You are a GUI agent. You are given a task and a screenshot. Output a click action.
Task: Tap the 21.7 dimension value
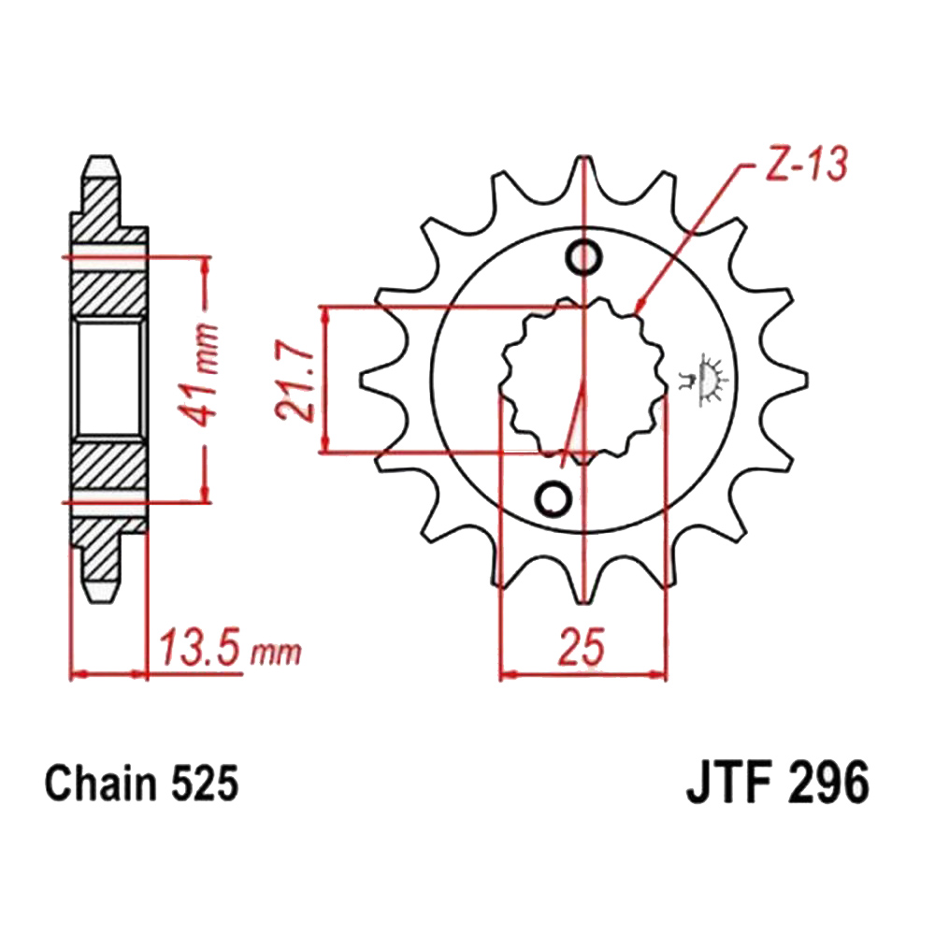coord(295,381)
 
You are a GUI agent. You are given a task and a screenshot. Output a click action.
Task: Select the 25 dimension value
coord(582,646)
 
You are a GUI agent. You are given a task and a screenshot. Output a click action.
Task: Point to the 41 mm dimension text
coord(198,376)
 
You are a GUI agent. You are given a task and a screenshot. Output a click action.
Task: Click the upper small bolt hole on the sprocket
coord(583,258)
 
